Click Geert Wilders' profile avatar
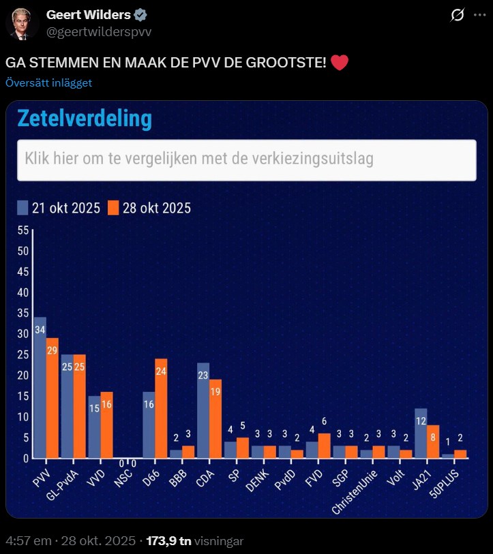coord(22,23)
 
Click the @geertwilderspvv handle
coord(99,32)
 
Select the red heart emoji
coord(340,63)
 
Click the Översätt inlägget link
coord(48,83)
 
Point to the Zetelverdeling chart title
coord(84,119)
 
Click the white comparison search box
coord(246,160)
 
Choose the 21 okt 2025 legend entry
coord(59,208)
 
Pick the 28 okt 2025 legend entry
coord(149,208)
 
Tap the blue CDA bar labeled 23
coord(203,410)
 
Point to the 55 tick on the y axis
coord(23,230)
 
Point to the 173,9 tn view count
coord(167,541)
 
